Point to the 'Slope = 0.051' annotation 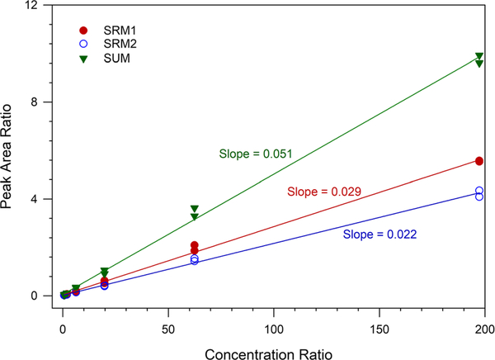click(256, 154)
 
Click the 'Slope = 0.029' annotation click(323, 192)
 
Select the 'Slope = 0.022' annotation click(380, 234)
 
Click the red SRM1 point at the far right click(478, 161)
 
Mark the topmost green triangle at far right click(478, 56)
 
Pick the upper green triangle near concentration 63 click(195, 209)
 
